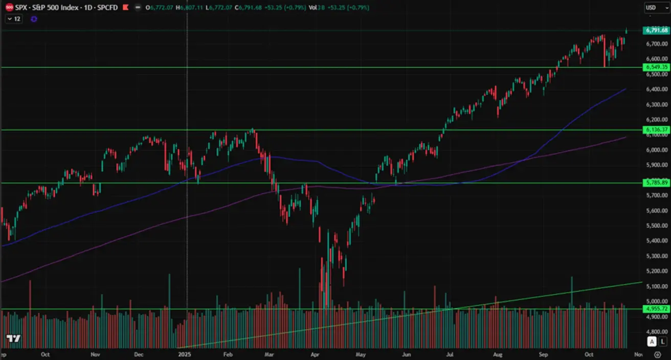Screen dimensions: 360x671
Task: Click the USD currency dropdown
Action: pyautogui.click(x=657, y=8)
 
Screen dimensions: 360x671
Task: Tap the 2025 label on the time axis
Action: pyautogui.click(x=184, y=354)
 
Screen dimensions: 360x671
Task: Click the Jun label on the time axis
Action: pyautogui.click(x=407, y=354)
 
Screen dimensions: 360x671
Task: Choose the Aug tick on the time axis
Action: pyautogui.click(x=497, y=354)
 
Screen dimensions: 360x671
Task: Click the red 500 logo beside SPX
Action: pyautogui.click(x=9, y=8)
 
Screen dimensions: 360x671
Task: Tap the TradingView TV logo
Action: pyautogui.click(x=13, y=339)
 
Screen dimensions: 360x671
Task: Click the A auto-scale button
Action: pyautogui.click(x=652, y=341)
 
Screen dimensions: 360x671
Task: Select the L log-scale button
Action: pyautogui.click(x=663, y=341)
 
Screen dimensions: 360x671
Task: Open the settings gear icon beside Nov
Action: pyautogui.click(x=657, y=354)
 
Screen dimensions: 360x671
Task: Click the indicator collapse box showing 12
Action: pyautogui.click(x=13, y=19)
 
